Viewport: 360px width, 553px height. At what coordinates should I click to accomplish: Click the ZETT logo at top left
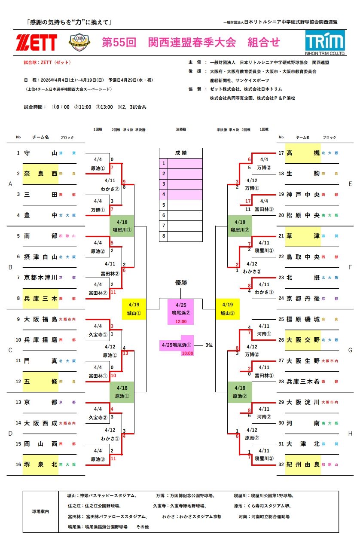pyautogui.click(x=36, y=42)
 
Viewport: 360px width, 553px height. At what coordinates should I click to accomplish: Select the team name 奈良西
pyautogui.click(x=40, y=174)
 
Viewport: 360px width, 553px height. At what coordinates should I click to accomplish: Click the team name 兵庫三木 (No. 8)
pyautogui.click(x=40, y=298)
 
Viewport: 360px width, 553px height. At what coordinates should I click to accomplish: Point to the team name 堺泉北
pyautogui.click(x=40, y=464)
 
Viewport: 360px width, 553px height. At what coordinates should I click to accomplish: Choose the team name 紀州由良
pyautogui.click(x=303, y=464)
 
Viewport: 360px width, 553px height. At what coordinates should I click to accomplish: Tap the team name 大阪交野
pyautogui.click(x=303, y=340)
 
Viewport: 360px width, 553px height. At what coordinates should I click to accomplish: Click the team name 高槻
pyautogui.click(x=303, y=153)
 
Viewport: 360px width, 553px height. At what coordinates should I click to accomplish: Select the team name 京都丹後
pyautogui.click(x=303, y=298)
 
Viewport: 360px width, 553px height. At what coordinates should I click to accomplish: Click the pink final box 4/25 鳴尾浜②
pyautogui.click(x=180, y=312)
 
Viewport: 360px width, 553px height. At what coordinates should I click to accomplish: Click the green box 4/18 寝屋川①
pyautogui.click(x=122, y=226)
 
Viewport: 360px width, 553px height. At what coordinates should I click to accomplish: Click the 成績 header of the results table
pyautogui.click(x=180, y=153)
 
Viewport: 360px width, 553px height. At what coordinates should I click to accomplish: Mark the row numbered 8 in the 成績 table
pyautogui.click(x=180, y=236)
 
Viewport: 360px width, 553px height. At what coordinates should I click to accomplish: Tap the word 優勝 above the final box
pyautogui.click(x=180, y=283)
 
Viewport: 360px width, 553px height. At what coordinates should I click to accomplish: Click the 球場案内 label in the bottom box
pyautogui.click(x=41, y=511)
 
